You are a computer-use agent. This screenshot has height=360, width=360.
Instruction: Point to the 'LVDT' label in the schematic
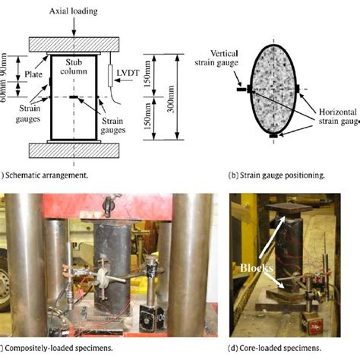pyautogui.click(x=125, y=74)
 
